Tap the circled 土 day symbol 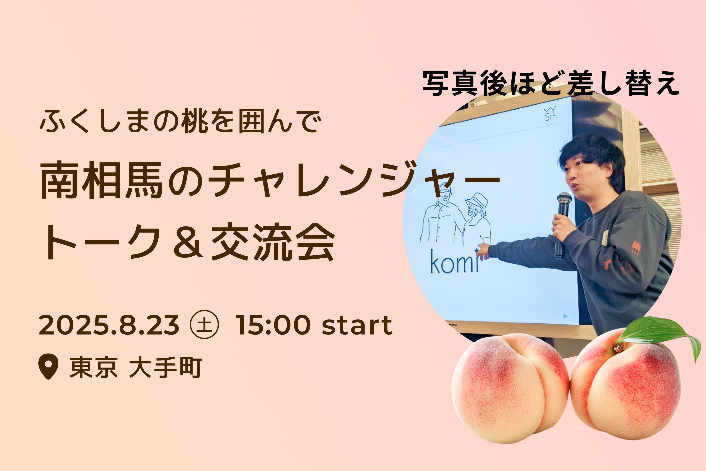pos(205,325)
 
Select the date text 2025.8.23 pos(109,325)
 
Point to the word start pos(357,326)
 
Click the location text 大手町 pos(165,367)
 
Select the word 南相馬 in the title pos(102,180)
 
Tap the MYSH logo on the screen pos(550,114)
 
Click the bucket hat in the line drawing pos(477,201)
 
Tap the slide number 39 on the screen pos(565,316)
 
